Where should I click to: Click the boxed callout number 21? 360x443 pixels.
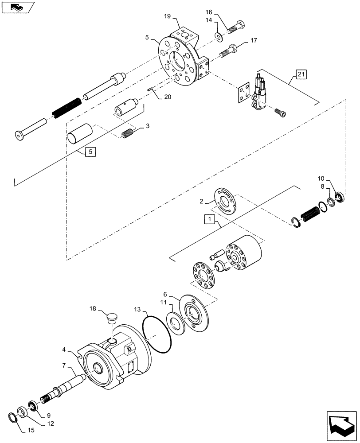[x=300, y=74]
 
